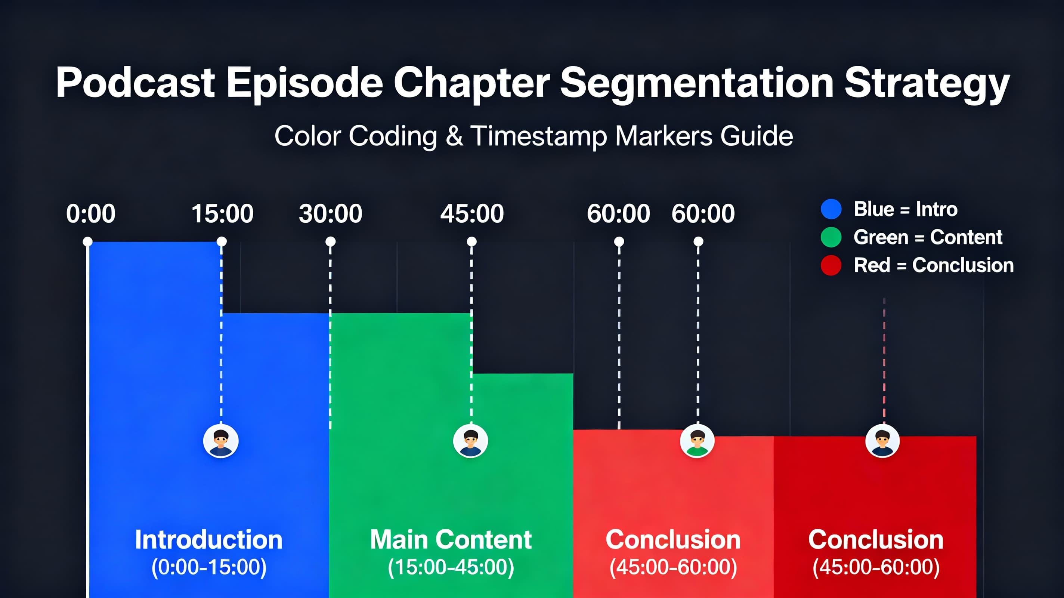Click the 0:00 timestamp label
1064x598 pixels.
90,214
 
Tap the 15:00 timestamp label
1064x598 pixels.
222,214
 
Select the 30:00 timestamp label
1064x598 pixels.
330,214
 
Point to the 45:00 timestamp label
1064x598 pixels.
472,214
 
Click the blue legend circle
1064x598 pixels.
831,209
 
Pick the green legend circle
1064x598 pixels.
831,237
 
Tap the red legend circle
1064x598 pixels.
831,265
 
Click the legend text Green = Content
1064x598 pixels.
928,237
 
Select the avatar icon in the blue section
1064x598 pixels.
221,441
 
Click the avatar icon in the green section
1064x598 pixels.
470,441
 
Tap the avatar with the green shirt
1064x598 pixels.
697,441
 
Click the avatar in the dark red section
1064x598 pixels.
882,441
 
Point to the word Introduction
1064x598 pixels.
208,540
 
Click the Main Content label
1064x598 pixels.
451,540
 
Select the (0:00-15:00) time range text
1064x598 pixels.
208,567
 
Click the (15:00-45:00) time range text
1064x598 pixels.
451,567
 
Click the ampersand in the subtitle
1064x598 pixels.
454,136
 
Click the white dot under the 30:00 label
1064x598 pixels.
330,241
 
